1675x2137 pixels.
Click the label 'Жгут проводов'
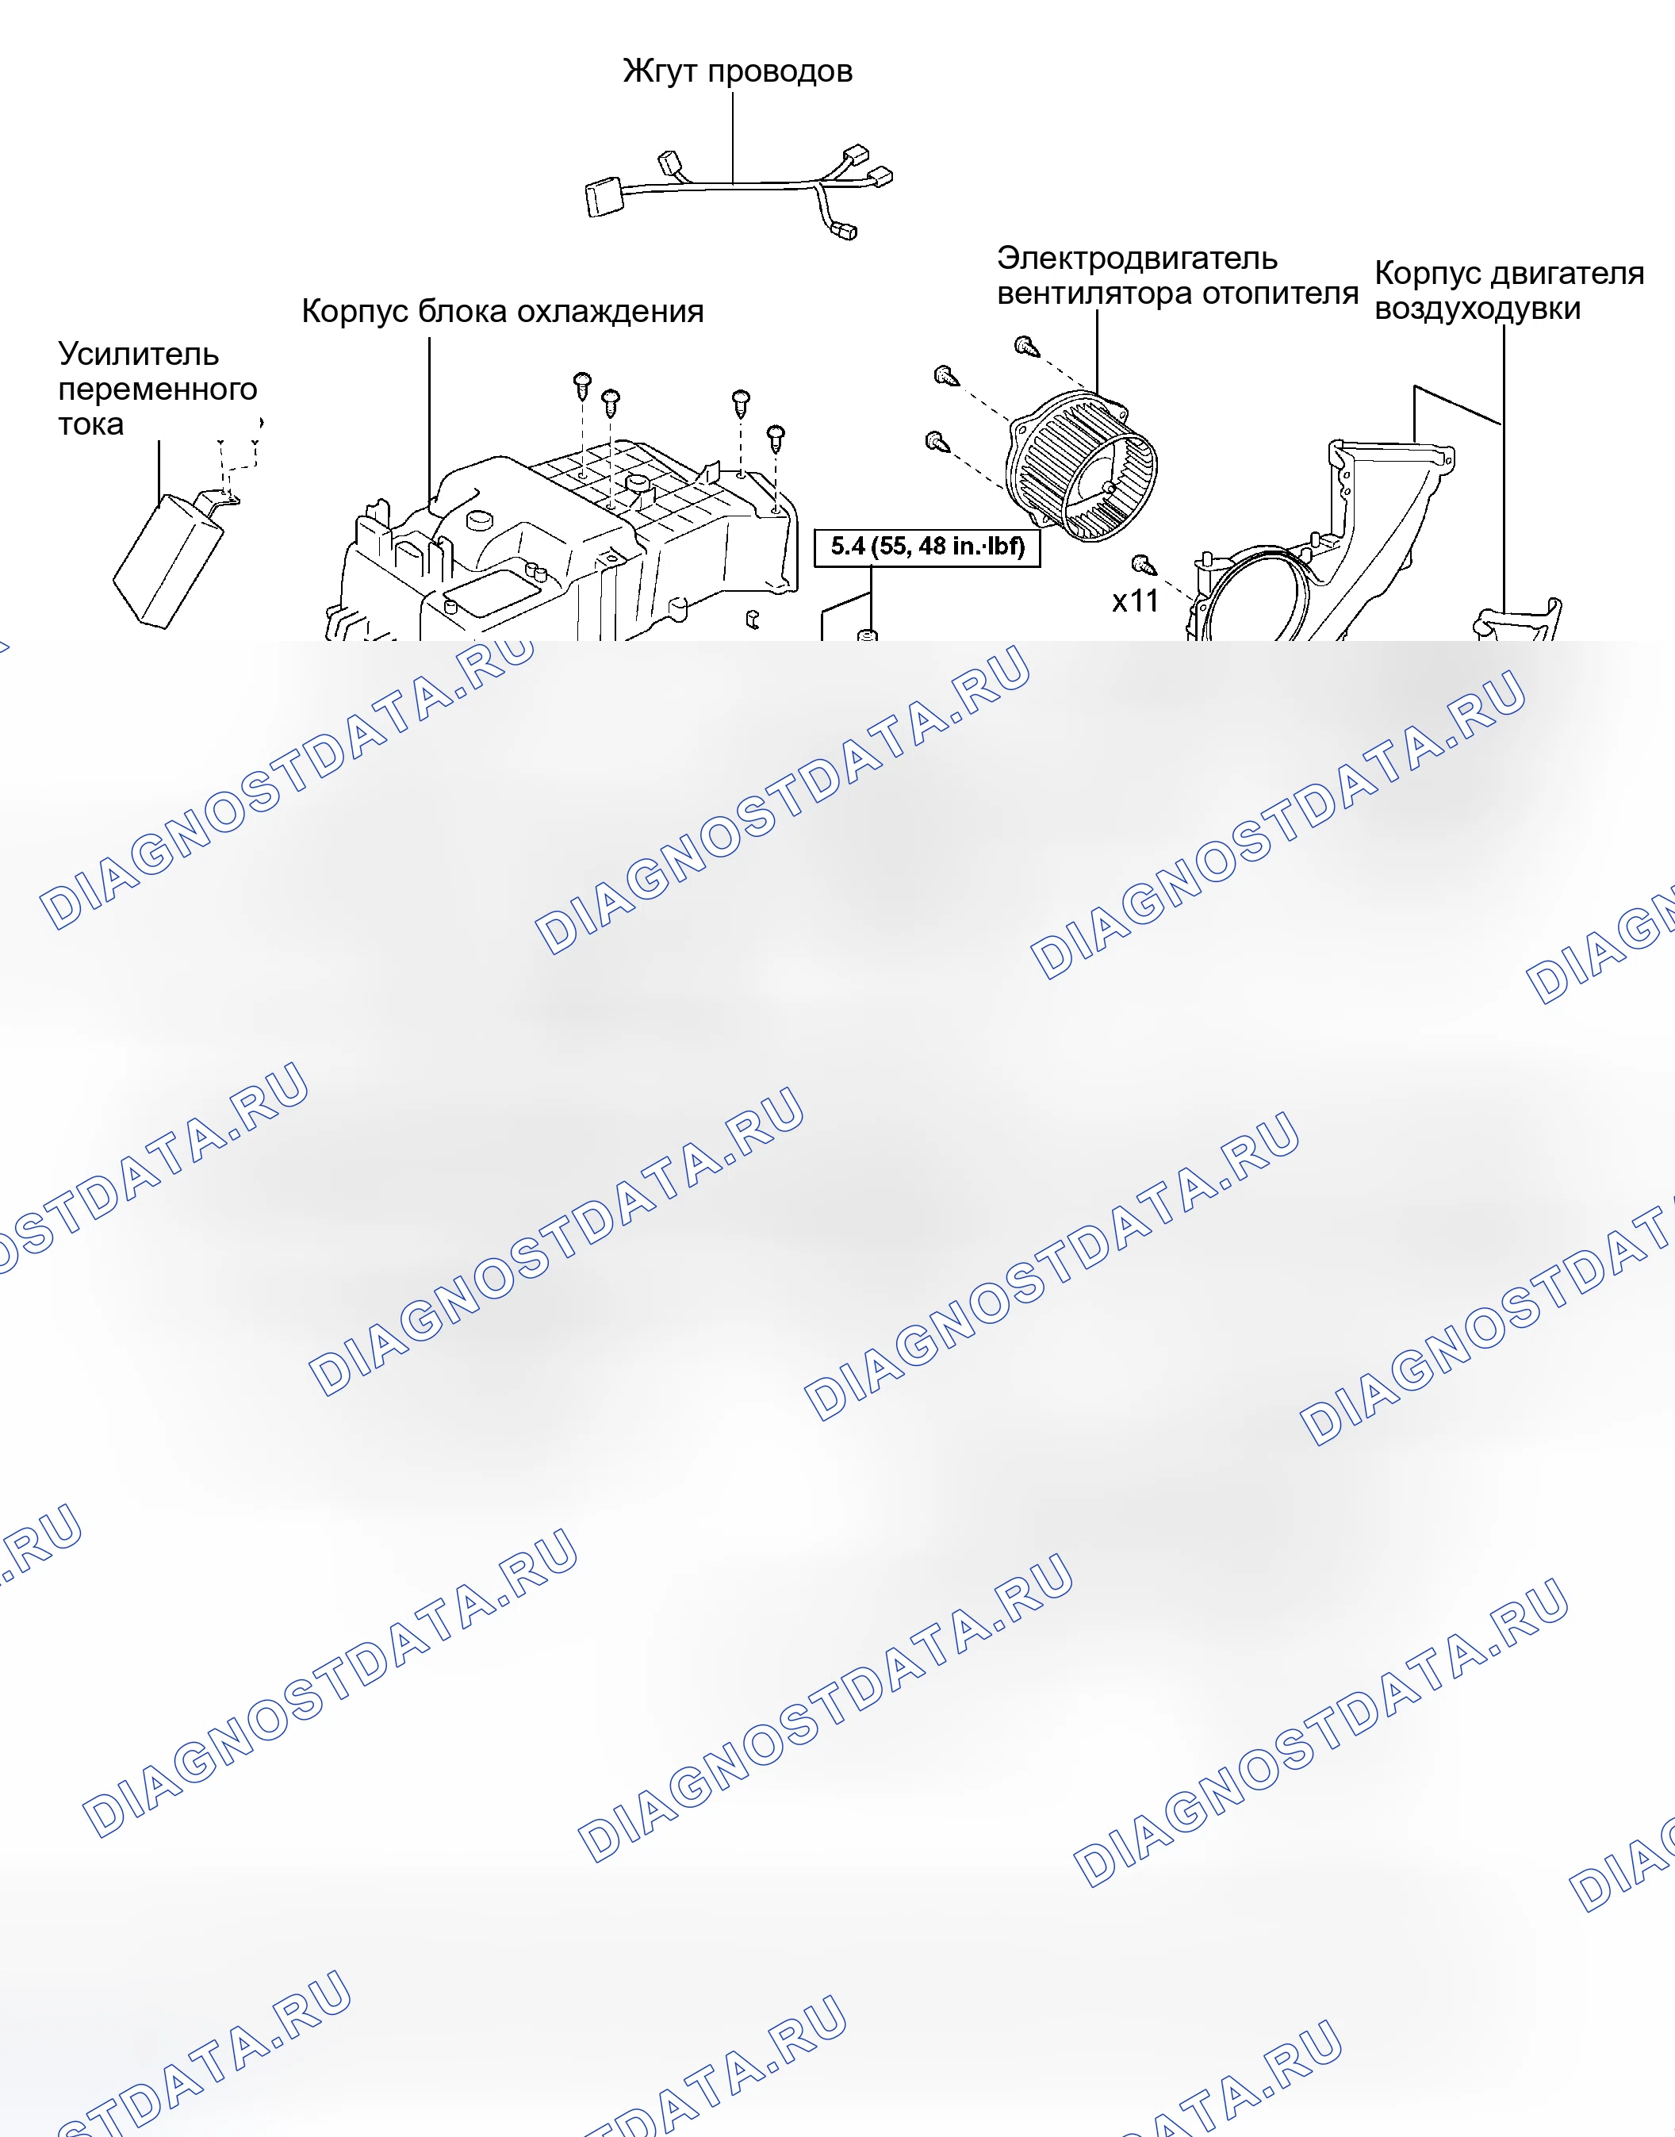click(738, 71)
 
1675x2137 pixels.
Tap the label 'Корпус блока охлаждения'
click(502, 311)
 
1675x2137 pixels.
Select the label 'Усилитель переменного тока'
click(157, 389)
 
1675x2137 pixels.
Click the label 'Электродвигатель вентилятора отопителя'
click(1177, 275)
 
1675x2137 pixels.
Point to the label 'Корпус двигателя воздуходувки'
click(1508, 290)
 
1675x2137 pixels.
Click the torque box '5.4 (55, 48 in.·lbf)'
click(927, 547)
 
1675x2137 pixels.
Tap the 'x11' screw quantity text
click(1135, 601)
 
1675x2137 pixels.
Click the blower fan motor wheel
click(1083, 466)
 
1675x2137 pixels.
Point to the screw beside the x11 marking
click(1143, 564)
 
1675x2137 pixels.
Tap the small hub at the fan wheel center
click(1108, 486)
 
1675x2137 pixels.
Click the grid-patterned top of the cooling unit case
click(638, 481)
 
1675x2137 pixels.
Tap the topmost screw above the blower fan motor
click(1025, 346)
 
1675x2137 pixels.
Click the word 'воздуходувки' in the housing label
click(1477, 308)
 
